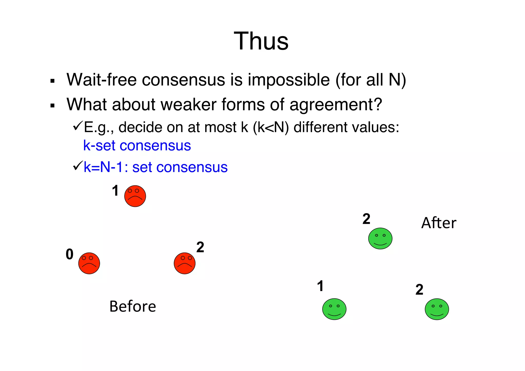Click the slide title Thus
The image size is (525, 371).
coord(261,41)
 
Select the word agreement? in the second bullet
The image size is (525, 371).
coord(336,105)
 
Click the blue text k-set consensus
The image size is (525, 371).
coord(137,146)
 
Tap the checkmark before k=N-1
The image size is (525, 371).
coord(77,166)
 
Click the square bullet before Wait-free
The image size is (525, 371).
coord(53,81)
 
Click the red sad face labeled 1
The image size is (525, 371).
coord(135,196)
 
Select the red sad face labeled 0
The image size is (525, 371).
coord(89,263)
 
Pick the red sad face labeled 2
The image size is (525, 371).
coord(185,263)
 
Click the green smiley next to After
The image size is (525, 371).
coord(380,238)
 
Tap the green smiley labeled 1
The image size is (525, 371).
coord(334,309)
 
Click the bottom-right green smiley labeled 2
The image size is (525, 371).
coord(437,309)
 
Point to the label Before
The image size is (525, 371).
coord(133,306)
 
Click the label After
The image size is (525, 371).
coord(439,223)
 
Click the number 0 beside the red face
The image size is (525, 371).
coord(69,254)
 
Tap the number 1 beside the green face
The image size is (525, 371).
coord(320,286)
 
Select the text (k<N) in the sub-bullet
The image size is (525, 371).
coord(271,127)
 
